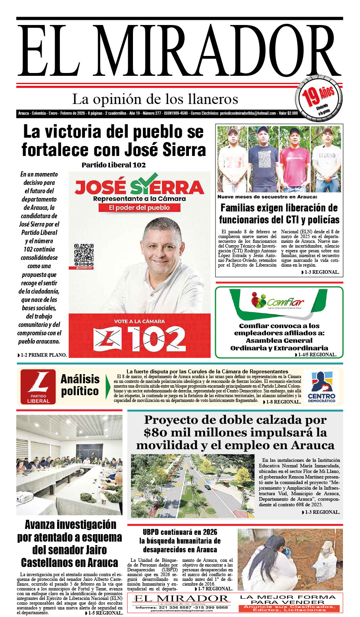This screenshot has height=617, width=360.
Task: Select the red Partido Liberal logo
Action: coord(38,386)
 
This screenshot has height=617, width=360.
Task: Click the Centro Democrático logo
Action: coord(321,386)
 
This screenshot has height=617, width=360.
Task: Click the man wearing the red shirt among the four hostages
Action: coord(294,159)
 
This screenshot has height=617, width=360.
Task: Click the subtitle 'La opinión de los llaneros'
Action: coord(155,99)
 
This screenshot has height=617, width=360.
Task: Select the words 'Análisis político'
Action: coord(80,385)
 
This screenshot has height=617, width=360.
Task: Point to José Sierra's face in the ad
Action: coord(162,246)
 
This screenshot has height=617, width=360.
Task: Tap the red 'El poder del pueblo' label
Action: coord(139,208)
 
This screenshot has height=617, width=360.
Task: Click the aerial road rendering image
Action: coord(193,486)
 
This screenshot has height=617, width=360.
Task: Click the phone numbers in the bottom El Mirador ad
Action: coord(181,607)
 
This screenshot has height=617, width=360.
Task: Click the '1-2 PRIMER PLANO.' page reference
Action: coord(42,355)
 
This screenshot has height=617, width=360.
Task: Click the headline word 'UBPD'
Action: coord(152,532)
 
